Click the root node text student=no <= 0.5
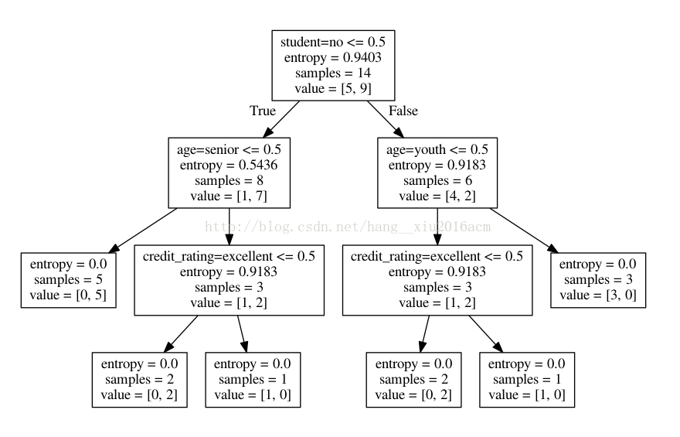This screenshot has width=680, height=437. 332,42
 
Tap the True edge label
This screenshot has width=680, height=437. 263,111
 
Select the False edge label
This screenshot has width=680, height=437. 403,111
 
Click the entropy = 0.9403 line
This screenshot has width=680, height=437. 332,58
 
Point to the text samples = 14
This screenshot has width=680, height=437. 332,73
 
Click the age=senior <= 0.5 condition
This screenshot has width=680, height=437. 229,150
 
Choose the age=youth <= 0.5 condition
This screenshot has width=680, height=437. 437,150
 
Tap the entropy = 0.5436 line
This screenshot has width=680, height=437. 229,166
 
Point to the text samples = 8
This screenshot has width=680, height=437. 229,181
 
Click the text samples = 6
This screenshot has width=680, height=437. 437,181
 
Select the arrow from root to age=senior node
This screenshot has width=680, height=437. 281,119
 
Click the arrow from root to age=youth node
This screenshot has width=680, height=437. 386,119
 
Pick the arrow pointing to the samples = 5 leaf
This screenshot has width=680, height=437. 143,230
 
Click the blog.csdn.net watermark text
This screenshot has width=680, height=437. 348,227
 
